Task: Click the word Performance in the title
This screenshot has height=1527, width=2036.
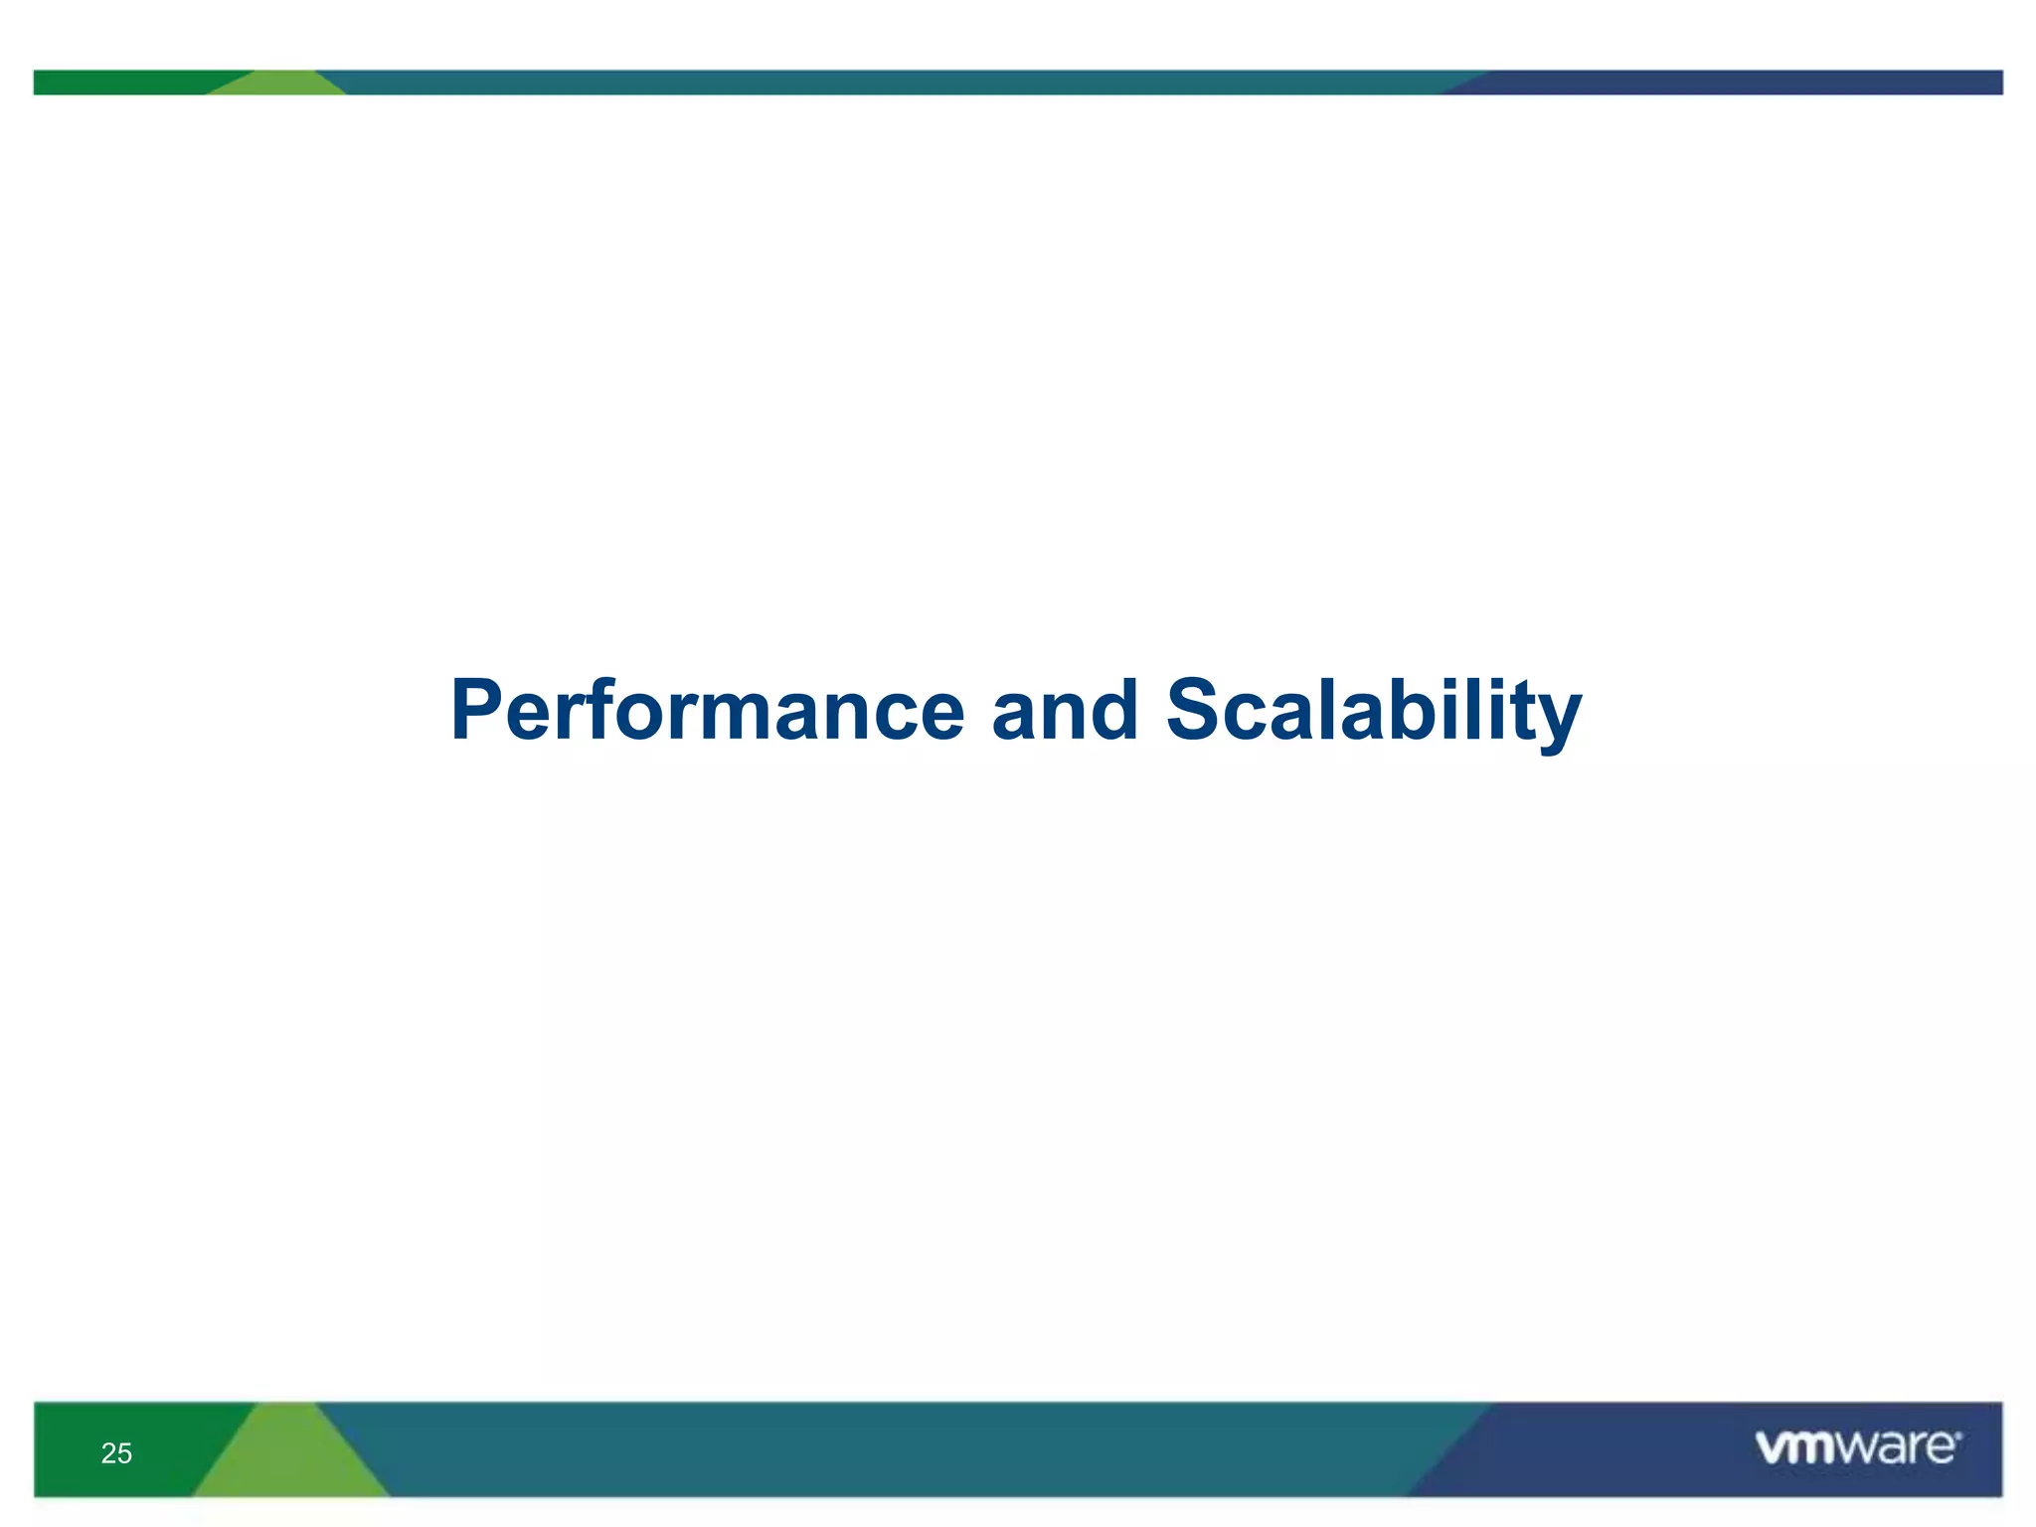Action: (x=708, y=711)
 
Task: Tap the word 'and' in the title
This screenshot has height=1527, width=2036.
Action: (x=1064, y=711)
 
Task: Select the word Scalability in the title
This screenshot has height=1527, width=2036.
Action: (x=1373, y=711)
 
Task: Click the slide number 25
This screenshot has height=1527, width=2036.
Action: (x=116, y=1453)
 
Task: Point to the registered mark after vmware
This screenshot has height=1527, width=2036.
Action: (x=1958, y=1436)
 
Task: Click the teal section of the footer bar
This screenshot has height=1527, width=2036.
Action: (x=895, y=1449)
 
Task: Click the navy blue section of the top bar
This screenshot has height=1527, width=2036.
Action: (x=1740, y=83)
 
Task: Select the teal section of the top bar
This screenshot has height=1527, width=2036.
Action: (x=895, y=83)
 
